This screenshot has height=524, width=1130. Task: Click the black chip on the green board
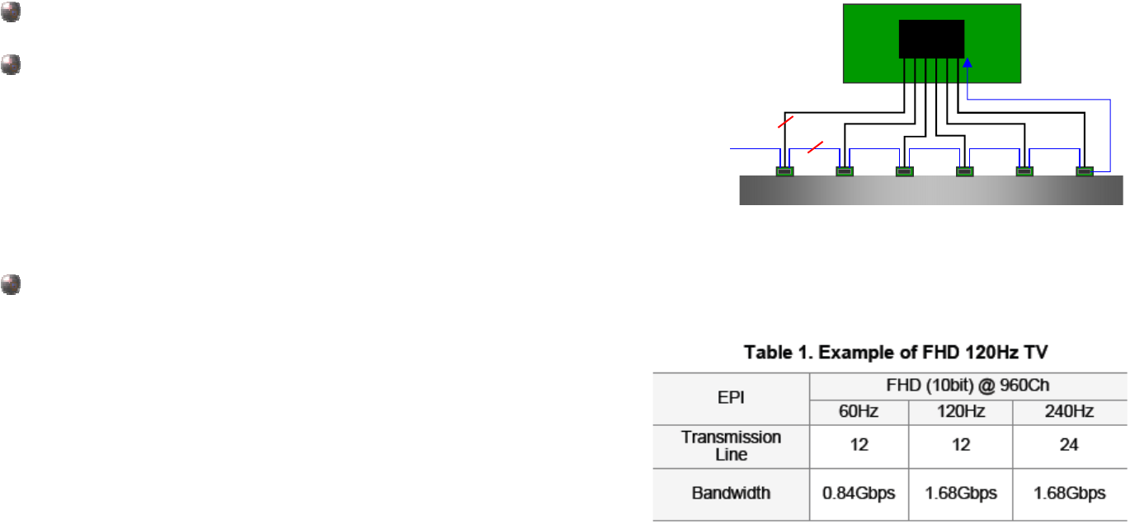pyautogui.click(x=931, y=39)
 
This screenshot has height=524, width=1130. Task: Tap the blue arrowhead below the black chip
pyautogui.click(x=968, y=63)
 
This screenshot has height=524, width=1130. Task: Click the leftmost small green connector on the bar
pyautogui.click(x=784, y=171)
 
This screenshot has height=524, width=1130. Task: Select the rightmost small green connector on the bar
pyautogui.click(x=1085, y=171)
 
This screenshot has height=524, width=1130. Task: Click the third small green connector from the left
pyautogui.click(x=905, y=171)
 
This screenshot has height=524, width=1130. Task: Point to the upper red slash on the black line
pyautogui.click(x=786, y=124)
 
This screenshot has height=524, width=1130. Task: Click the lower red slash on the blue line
pyautogui.click(x=815, y=147)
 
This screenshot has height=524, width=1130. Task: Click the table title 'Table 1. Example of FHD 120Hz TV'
pyautogui.click(x=890, y=353)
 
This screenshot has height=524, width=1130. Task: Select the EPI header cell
pyautogui.click(x=731, y=398)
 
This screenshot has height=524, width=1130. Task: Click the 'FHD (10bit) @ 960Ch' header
pyautogui.click(x=968, y=386)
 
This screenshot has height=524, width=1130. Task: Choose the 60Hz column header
pyautogui.click(x=859, y=411)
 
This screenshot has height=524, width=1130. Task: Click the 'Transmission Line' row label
pyautogui.click(x=731, y=446)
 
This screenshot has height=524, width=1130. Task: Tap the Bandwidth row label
pyautogui.click(x=731, y=494)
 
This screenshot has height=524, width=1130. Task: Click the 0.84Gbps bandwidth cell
pyautogui.click(x=859, y=494)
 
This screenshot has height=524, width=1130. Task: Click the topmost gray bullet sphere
pyautogui.click(x=10, y=15)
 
